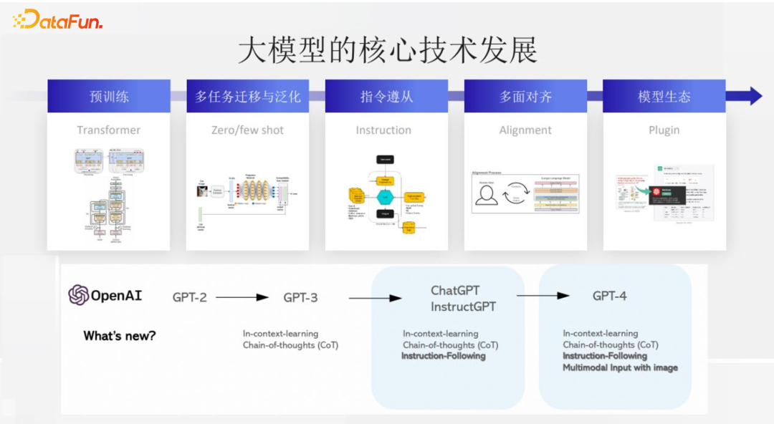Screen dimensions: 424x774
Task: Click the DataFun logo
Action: tap(58, 19)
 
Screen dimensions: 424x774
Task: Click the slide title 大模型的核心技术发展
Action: tap(387, 51)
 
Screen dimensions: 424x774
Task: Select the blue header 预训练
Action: tap(109, 96)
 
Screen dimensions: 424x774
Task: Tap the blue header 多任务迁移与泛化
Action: tap(247, 96)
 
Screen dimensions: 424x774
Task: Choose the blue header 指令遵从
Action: tap(387, 96)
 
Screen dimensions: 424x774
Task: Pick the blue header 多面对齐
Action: tap(525, 96)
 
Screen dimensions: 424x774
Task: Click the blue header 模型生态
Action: tap(664, 96)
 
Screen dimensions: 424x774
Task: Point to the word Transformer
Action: tap(109, 130)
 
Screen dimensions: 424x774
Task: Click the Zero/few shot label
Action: tap(247, 130)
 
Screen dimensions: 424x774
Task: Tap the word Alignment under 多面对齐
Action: tap(525, 130)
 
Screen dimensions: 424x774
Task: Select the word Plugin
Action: tap(664, 130)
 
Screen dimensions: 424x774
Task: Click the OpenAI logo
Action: tap(105, 295)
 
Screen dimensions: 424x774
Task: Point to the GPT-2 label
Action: tap(190, 297)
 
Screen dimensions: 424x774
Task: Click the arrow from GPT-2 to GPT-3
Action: tap(242, 297)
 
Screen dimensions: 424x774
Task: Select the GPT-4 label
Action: tap(610, 296)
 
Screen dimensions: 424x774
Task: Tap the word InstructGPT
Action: tap(464, 307)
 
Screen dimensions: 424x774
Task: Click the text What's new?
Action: tap(119, 336)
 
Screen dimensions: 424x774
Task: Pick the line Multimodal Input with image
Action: tap(620, 367)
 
